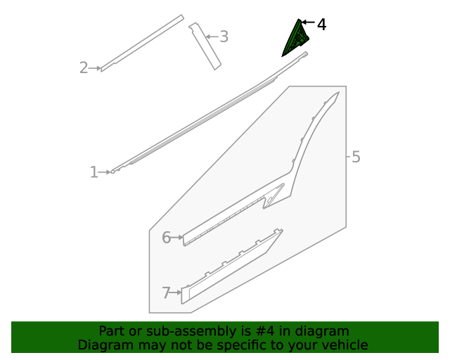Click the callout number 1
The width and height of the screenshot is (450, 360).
(x=94, y=172)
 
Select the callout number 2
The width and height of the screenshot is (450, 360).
(x=84, y=68)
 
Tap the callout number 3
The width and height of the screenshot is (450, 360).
(x=224, y=37)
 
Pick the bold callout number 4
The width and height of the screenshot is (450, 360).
(x=321, y=25)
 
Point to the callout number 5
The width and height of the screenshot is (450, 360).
(x=356, y=157)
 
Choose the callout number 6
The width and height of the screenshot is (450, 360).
(x=166, y=238)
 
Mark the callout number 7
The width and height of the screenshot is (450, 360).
(x=166, y=293)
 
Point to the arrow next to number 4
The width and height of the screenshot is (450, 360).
(x=307, y=24)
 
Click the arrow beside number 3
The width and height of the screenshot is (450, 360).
(x=210, y=37)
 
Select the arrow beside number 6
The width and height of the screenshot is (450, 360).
(x=177, y=238)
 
